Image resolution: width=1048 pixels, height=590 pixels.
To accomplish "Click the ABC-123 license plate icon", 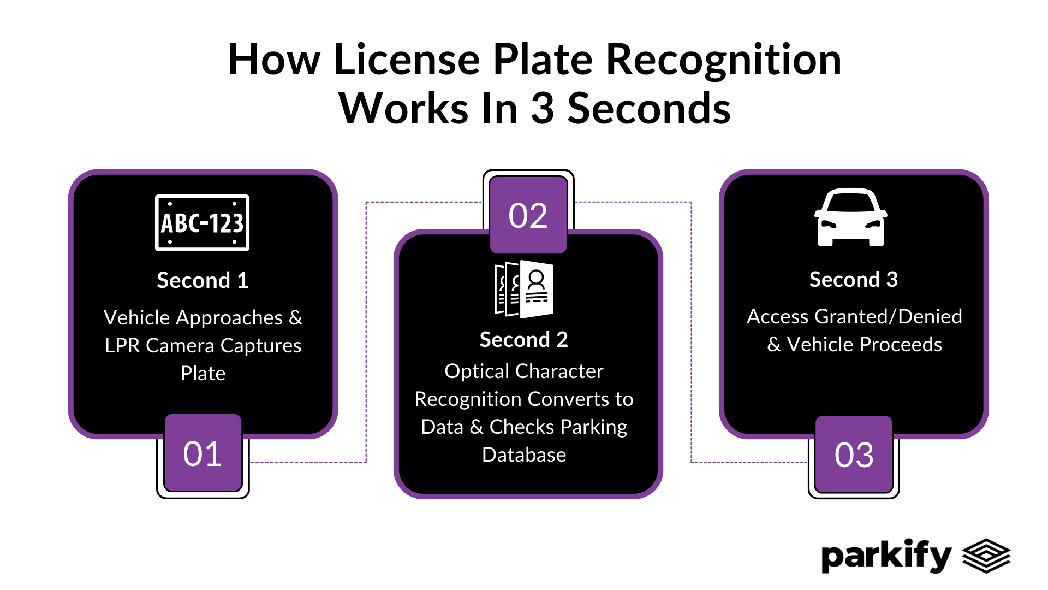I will pos(202,223).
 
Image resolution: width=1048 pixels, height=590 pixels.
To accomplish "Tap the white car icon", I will pos(850,218).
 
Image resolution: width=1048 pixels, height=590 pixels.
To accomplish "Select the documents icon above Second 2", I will pos(524,289).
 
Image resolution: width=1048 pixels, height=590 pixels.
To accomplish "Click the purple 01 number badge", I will pos(203,453).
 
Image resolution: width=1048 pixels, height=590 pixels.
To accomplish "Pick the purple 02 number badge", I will pos(528,215).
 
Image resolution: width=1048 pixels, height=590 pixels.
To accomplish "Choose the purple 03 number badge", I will pos(854,455).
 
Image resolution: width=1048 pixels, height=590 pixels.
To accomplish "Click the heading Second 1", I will pos(203,280).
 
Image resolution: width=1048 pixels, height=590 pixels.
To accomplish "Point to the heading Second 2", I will pos(523,340).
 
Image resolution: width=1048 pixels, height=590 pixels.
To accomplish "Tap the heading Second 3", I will pos(853,280).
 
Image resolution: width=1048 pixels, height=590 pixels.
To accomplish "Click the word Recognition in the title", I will pos(723,60).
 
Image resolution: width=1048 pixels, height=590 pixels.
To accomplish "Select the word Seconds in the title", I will pos(648,108).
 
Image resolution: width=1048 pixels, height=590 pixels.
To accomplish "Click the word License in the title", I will pos(407,60).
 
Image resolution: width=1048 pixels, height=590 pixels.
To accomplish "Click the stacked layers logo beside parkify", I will pos(986,556).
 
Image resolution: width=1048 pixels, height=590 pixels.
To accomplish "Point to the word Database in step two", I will pos(524,455).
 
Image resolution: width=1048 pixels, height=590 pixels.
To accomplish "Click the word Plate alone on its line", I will pos(203,373).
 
